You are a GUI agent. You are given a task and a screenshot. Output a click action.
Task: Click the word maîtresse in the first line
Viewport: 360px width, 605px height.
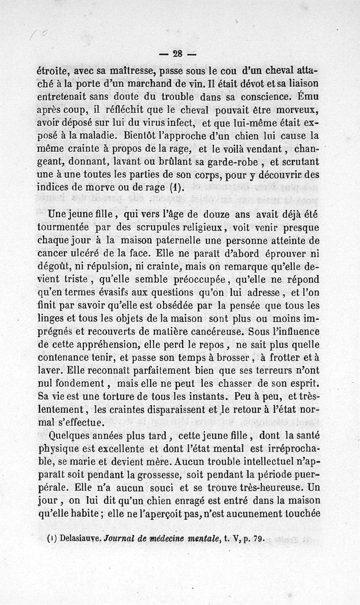click(131, 71)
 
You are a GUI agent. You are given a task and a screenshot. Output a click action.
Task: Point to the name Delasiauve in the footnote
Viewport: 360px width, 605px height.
click(79, 538)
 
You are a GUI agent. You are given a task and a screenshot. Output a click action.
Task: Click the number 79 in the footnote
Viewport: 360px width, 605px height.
click(258, 538)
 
